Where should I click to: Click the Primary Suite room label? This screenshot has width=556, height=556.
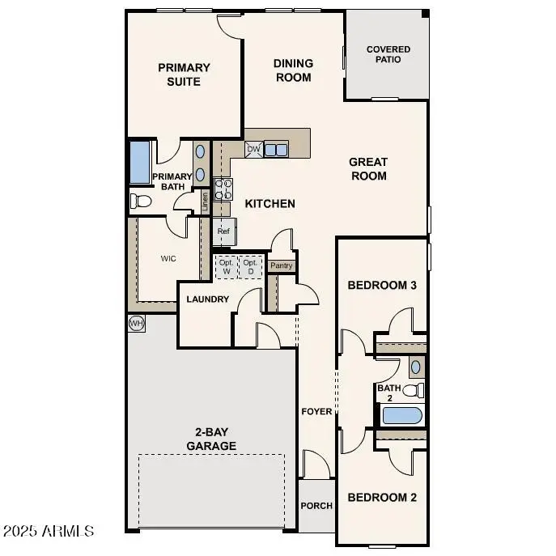184,74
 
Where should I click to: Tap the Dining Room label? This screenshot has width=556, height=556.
292,70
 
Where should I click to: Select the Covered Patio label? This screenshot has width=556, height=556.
388,55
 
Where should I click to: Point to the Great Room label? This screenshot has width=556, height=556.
368,168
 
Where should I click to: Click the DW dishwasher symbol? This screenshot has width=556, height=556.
253,149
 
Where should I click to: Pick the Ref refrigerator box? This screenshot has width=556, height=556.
224,231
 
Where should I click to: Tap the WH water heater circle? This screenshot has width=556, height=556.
136,323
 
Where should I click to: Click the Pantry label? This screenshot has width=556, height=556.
282,265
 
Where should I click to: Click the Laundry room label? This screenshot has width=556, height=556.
207,299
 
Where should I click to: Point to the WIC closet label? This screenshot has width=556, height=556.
168,259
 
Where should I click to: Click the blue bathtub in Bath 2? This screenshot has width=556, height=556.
402,416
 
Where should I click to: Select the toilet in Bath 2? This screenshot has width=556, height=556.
414,390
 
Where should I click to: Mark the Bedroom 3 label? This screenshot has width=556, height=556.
381,286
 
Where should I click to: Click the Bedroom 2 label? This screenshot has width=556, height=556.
381,498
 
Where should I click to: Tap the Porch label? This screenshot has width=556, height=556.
316,506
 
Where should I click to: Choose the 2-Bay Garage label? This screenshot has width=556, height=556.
211,439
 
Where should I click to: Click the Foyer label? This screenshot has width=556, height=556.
316,411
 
